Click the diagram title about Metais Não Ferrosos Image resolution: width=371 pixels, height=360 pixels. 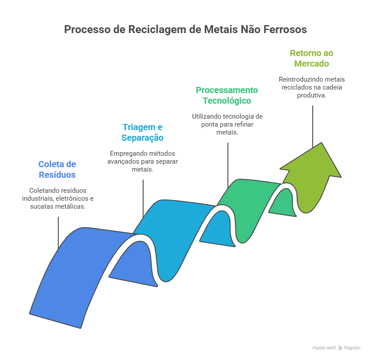tap(185, 30)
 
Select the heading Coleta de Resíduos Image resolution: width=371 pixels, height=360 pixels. tap(57, 169)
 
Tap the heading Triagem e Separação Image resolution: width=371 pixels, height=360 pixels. tap(143, 132)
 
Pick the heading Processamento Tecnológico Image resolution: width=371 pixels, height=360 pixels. tap(227, 95)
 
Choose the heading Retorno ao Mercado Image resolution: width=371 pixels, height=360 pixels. tap(311, 58)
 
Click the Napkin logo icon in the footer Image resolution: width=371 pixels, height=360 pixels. tap(340, 348)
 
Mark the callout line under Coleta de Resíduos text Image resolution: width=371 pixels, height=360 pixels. tap(58, 232)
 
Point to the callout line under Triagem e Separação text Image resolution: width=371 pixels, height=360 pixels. tap(143, 194)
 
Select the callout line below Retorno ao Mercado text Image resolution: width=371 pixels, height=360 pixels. tap(313, 124)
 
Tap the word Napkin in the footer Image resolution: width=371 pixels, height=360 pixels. tap(352, 348)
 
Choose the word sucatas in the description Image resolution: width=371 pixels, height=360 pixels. tap(39, 206)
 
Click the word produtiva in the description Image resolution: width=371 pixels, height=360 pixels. tap(311, 95)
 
